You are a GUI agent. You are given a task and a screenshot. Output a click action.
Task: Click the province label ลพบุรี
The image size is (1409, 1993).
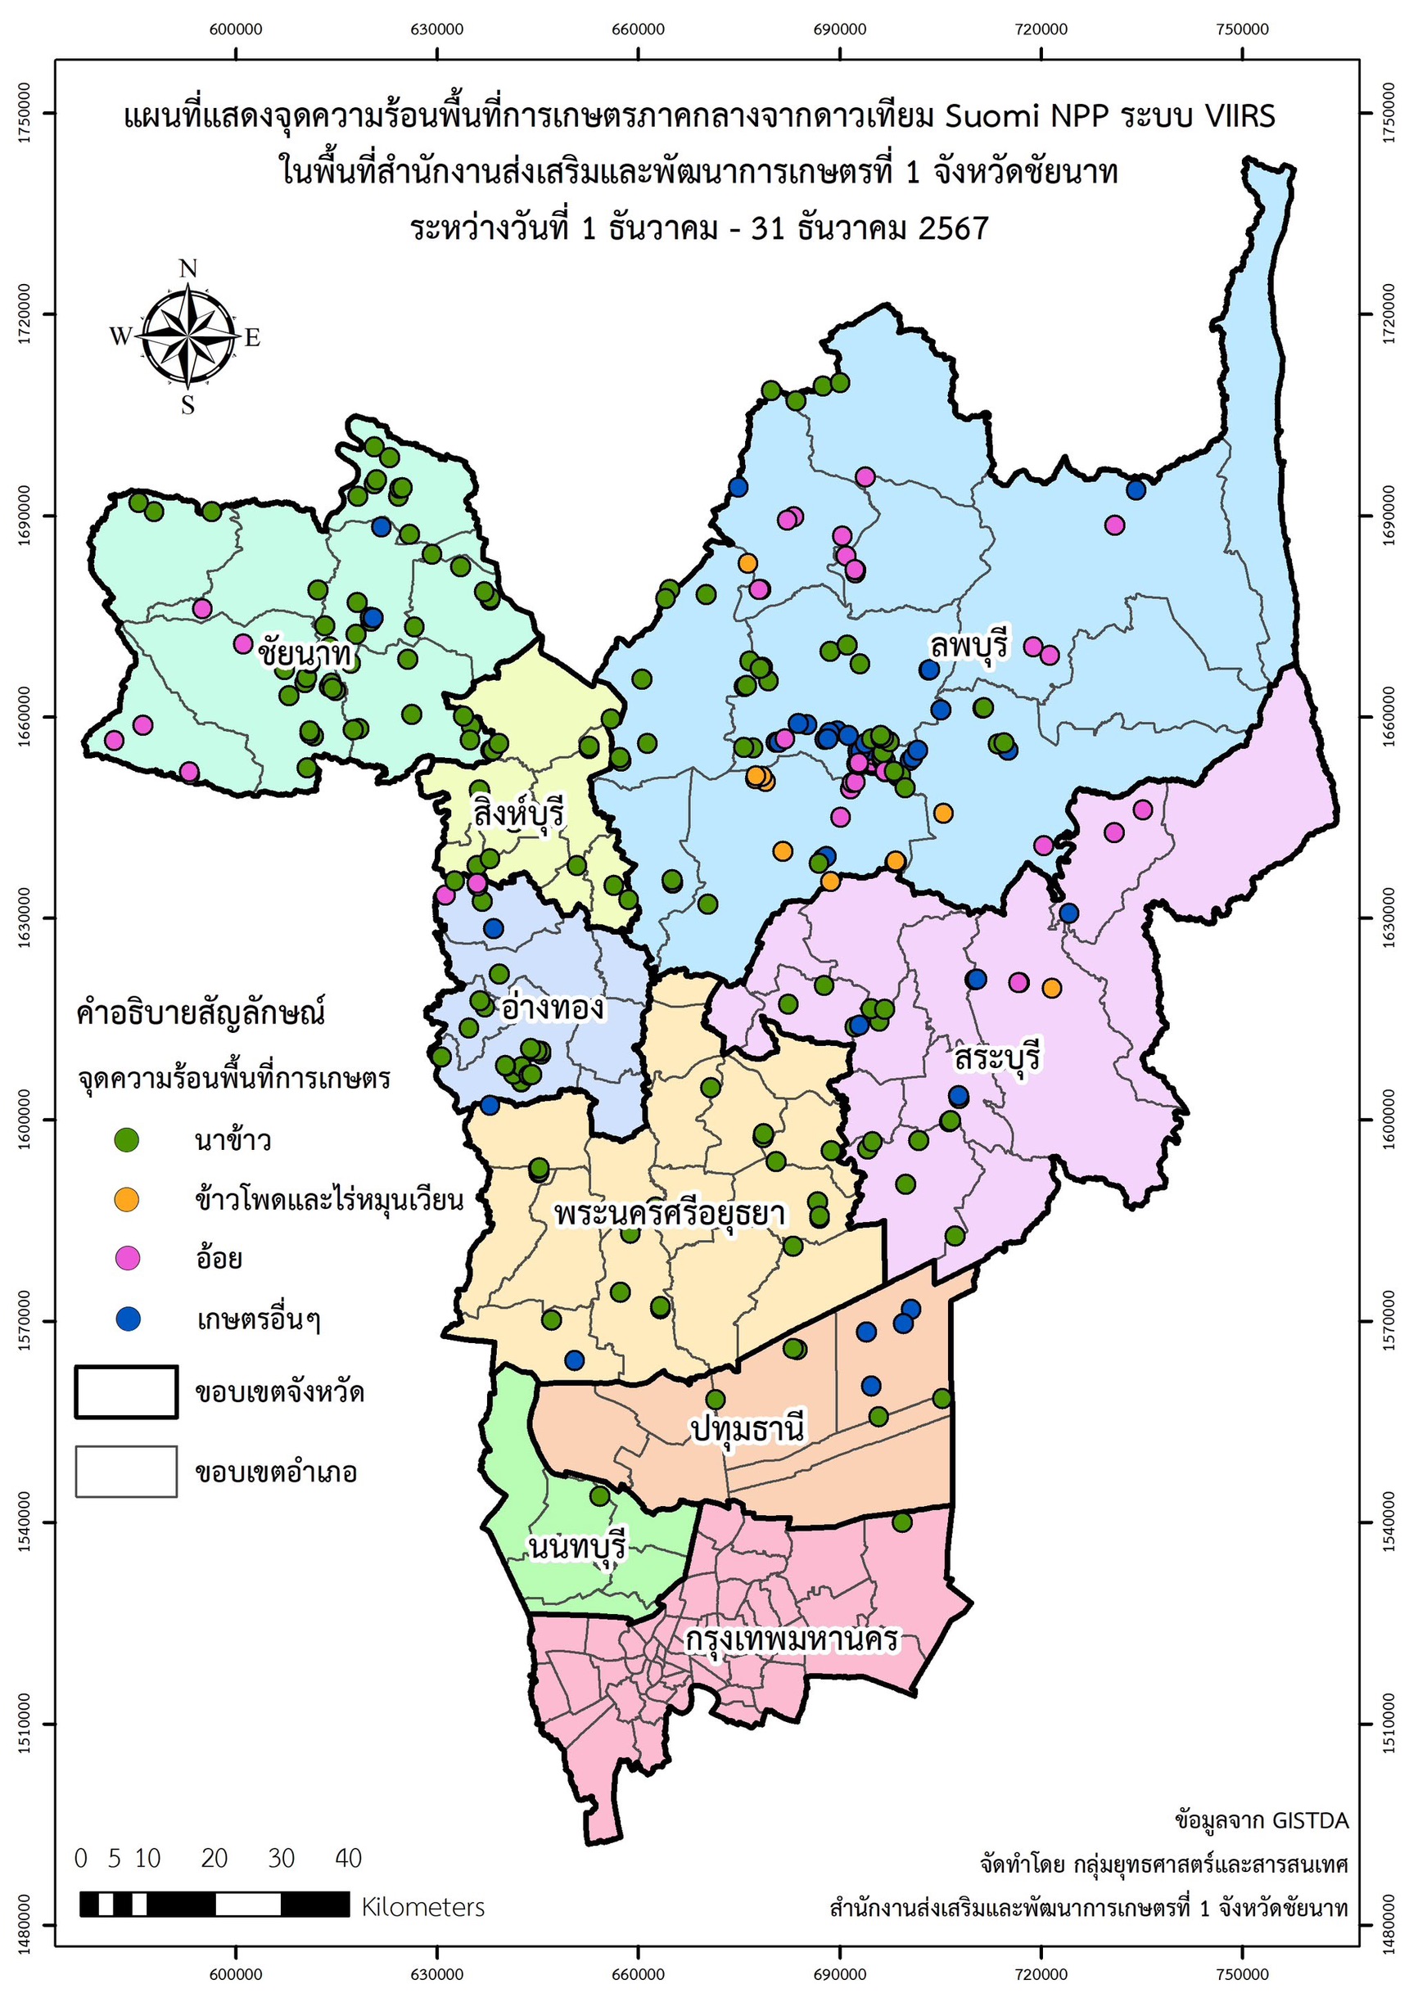tap(969, 647)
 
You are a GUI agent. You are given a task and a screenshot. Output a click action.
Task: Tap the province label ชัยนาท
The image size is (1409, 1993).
tap(305, 654)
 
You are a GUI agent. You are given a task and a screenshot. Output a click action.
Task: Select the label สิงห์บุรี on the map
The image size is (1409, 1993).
tap(518, 814)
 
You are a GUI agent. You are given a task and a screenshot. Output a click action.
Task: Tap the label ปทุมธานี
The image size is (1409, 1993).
tap(748, 1427)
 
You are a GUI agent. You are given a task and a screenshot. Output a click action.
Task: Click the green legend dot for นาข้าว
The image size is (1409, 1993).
tap(128, 1139)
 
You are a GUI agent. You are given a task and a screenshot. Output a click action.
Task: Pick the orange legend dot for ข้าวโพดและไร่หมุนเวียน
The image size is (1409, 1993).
tap(128, 1200)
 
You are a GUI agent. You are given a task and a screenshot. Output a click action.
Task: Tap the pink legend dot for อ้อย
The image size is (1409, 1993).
tap(128, 1259)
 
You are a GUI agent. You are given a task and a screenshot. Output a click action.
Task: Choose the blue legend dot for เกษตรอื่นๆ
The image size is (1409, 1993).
tap(128, 1319)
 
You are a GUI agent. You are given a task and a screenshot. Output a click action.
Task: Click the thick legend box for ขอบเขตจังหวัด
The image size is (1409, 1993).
tap(127, 1392)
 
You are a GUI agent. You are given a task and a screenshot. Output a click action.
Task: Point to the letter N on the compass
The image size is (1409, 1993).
tap(188, 269)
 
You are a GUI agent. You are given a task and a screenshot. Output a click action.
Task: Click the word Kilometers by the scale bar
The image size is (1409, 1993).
tap(422, 1907)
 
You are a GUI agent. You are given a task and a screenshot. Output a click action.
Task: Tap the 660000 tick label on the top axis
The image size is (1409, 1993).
tap(638, 29)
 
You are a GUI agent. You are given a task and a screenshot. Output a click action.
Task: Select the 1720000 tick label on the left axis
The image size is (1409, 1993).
tap(24, 314)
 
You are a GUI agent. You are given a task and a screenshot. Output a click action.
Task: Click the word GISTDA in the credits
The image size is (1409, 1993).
tap(1310, 1820)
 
